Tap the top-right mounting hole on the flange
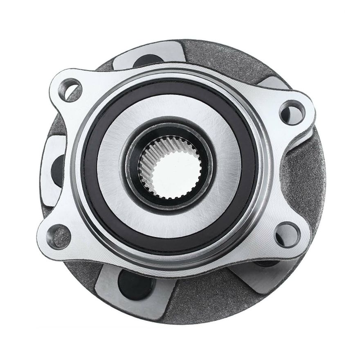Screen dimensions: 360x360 tap(291, 112)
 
